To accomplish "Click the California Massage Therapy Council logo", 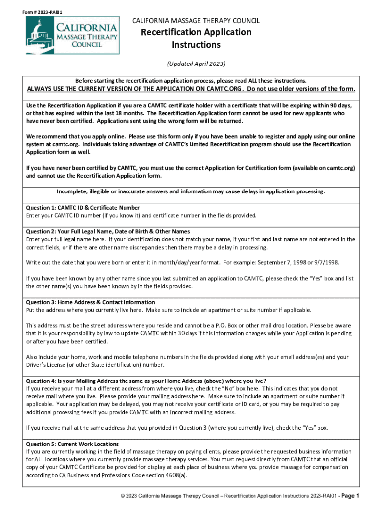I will click(x=72, y=35).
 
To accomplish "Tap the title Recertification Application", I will click(x=196, y=32).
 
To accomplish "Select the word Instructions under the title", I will click(x=196, y=45).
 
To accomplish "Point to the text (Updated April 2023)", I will click(x=196, y=64).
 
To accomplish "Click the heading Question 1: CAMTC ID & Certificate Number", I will click(x=83, y=208).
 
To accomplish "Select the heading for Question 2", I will click(x=108, y=231).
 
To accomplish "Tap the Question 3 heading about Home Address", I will click(x=90, y=302).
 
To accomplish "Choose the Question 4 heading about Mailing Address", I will click(x=146, y=381).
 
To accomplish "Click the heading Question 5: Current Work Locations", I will click(x=72, y=444).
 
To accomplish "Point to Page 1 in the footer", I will click(x=350, y=496).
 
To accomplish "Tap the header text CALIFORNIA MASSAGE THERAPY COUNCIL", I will click(x=195, y=21).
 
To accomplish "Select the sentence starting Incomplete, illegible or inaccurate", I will click(x=191, y=191).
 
